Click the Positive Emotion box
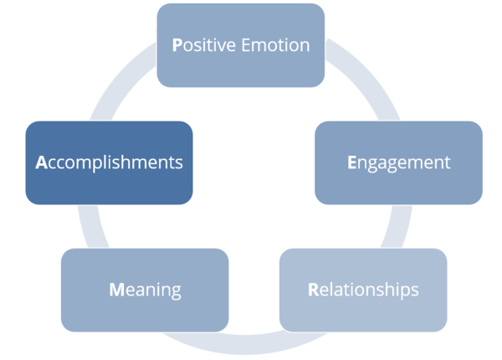pos(240,45)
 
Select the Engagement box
pos(398,162)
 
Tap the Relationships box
pos(363,290)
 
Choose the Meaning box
pos(145,290)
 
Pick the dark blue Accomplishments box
pos(109,162)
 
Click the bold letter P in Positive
pos(177,45)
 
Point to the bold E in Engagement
pos(352,162)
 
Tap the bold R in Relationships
pos(313,291)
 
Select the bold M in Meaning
pos(117,291)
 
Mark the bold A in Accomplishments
pos(41,162)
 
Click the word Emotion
pos(275,45)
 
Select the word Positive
pos(204,45)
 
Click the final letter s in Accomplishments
pos(178,163)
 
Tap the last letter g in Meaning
pos(176,292)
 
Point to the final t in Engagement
pos(448,162)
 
